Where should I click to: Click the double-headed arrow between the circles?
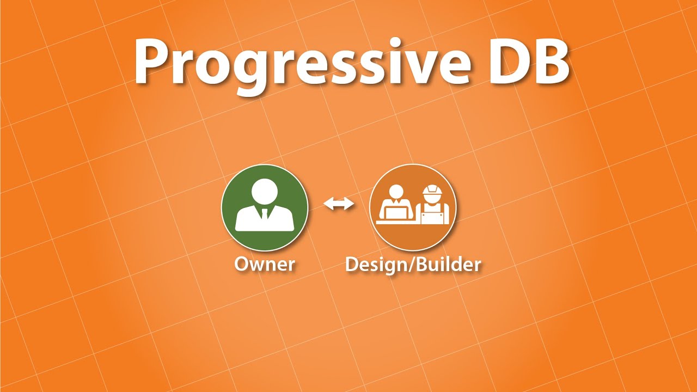(x=339, y=204)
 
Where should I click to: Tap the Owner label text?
(x=265, y=265)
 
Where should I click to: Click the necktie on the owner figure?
(x=265, y=213)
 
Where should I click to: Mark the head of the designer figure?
(x=396, y=192)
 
